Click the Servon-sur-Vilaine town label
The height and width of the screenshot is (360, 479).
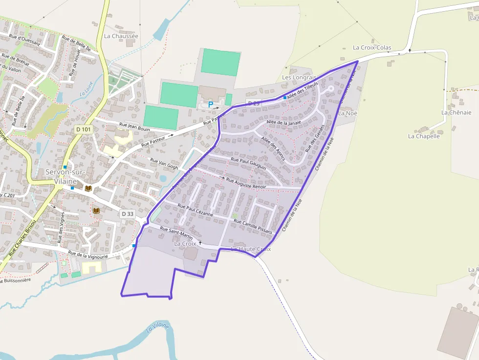coord(65,176)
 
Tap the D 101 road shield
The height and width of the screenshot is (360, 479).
coord(84,129)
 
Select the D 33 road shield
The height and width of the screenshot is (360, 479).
coord(127,213)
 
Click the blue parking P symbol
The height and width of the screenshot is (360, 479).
coord(211,104)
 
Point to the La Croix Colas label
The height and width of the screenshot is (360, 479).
coord(372,48)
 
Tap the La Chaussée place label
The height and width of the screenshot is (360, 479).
coord(121,36)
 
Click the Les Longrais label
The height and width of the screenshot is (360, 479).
coord(299,78)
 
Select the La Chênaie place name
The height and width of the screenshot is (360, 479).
coord(456,112)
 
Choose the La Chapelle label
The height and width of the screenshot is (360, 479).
coord(424,136)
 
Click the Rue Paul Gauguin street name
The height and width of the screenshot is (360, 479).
coord(248,163)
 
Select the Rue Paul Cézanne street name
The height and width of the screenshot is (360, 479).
coord(196,210)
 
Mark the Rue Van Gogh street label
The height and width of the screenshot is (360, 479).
coord(164,163)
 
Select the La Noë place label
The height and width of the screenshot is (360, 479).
coord(348,113)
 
